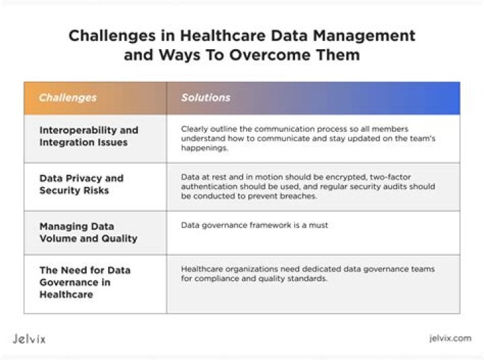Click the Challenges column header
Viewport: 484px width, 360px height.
pyautogui.click(x=68, y=98)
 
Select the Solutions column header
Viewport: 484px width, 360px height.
pyautogui.click(x=206, y=98)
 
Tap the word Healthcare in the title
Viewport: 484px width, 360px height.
pyautogui.click(x=223, y=36)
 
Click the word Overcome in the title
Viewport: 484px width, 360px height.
pyautogui.click(x=270, y=55)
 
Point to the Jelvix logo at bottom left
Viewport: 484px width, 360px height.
pyautogui.click(x=29, y=339)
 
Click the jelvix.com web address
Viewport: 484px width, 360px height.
pyautogui.click(x=450, y=338)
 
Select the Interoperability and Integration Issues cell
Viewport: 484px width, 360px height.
pyautogui.click(x=89, y=136)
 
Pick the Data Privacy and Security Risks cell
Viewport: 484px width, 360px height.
pyautogui.click(x=81, y=184)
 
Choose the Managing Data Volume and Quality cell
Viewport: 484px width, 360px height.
pyautogui.click(x=88, y=232)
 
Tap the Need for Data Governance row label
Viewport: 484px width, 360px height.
pyautogui.click(x=85, y=282)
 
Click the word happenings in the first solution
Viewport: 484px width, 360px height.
pyautogui.click(x=204, y=148)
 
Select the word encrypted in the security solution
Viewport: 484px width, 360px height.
pyautogui.click(x=346, y=177)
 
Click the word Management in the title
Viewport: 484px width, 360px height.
pyautogui.click(x=364, y=36)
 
